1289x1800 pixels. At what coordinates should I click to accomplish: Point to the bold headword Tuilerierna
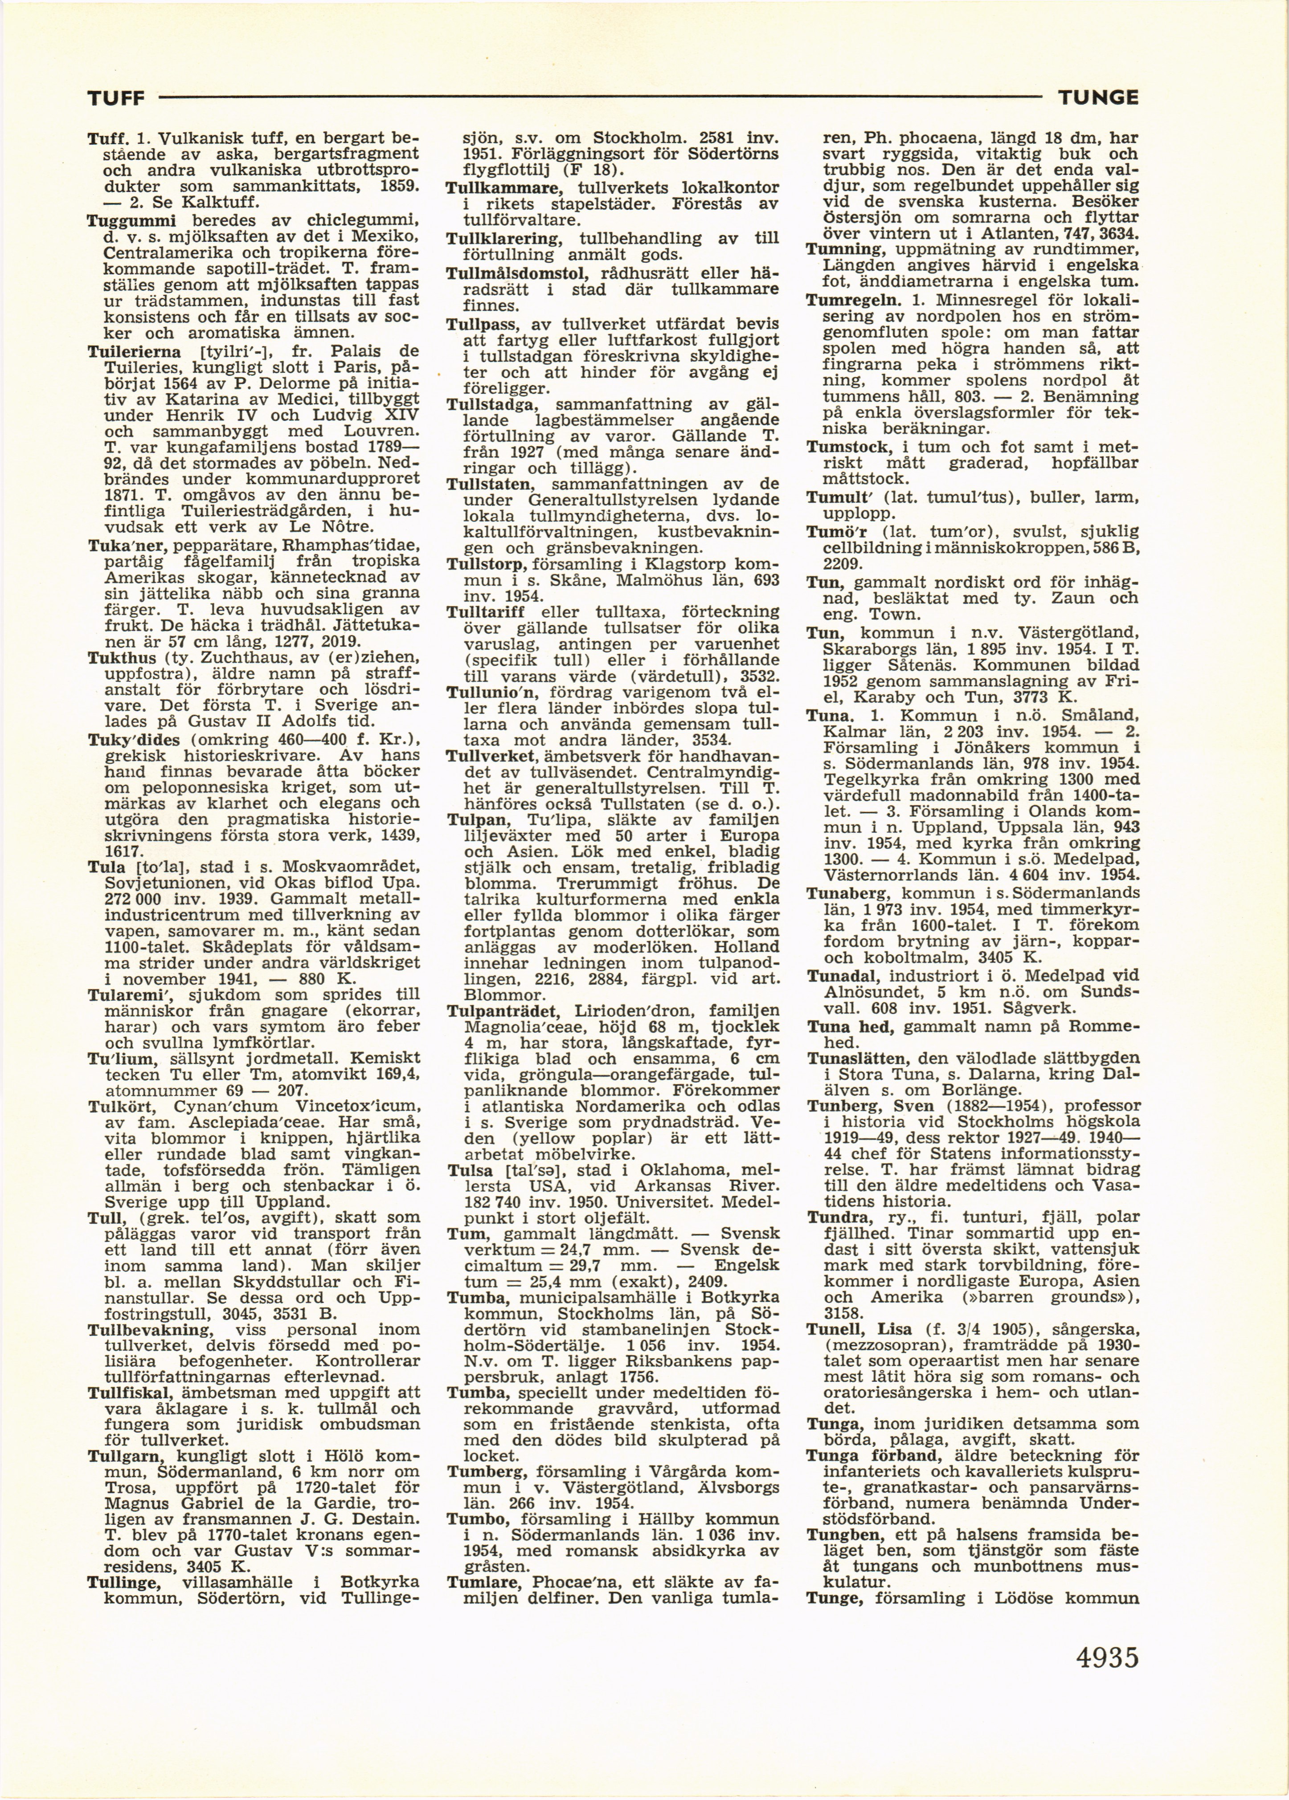click(132, 350)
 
